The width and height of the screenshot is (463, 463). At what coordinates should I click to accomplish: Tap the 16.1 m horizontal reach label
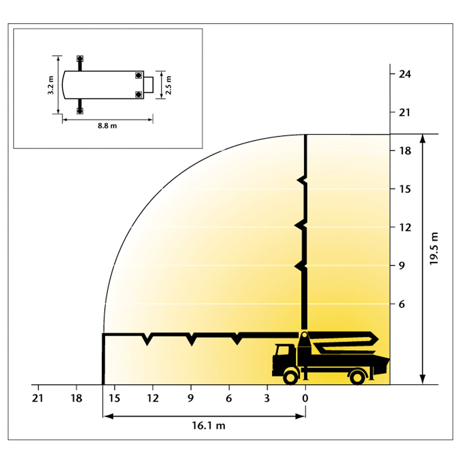pyautogui.click(x=208, y=425)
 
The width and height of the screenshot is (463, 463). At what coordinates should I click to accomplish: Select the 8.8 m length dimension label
pyautogui.click(x=107, y=126)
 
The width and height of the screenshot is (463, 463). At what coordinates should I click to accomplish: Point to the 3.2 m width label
pyautogui.click(x=51, y=85)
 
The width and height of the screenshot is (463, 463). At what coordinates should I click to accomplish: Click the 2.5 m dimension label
pyautogui.click(x=169, y=85)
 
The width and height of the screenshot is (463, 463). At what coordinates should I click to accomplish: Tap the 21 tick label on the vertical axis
pyautogui.click(x=405, y=113)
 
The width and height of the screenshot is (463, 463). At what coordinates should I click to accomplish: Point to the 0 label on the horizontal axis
pyautogui.click(x=305, y=398)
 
